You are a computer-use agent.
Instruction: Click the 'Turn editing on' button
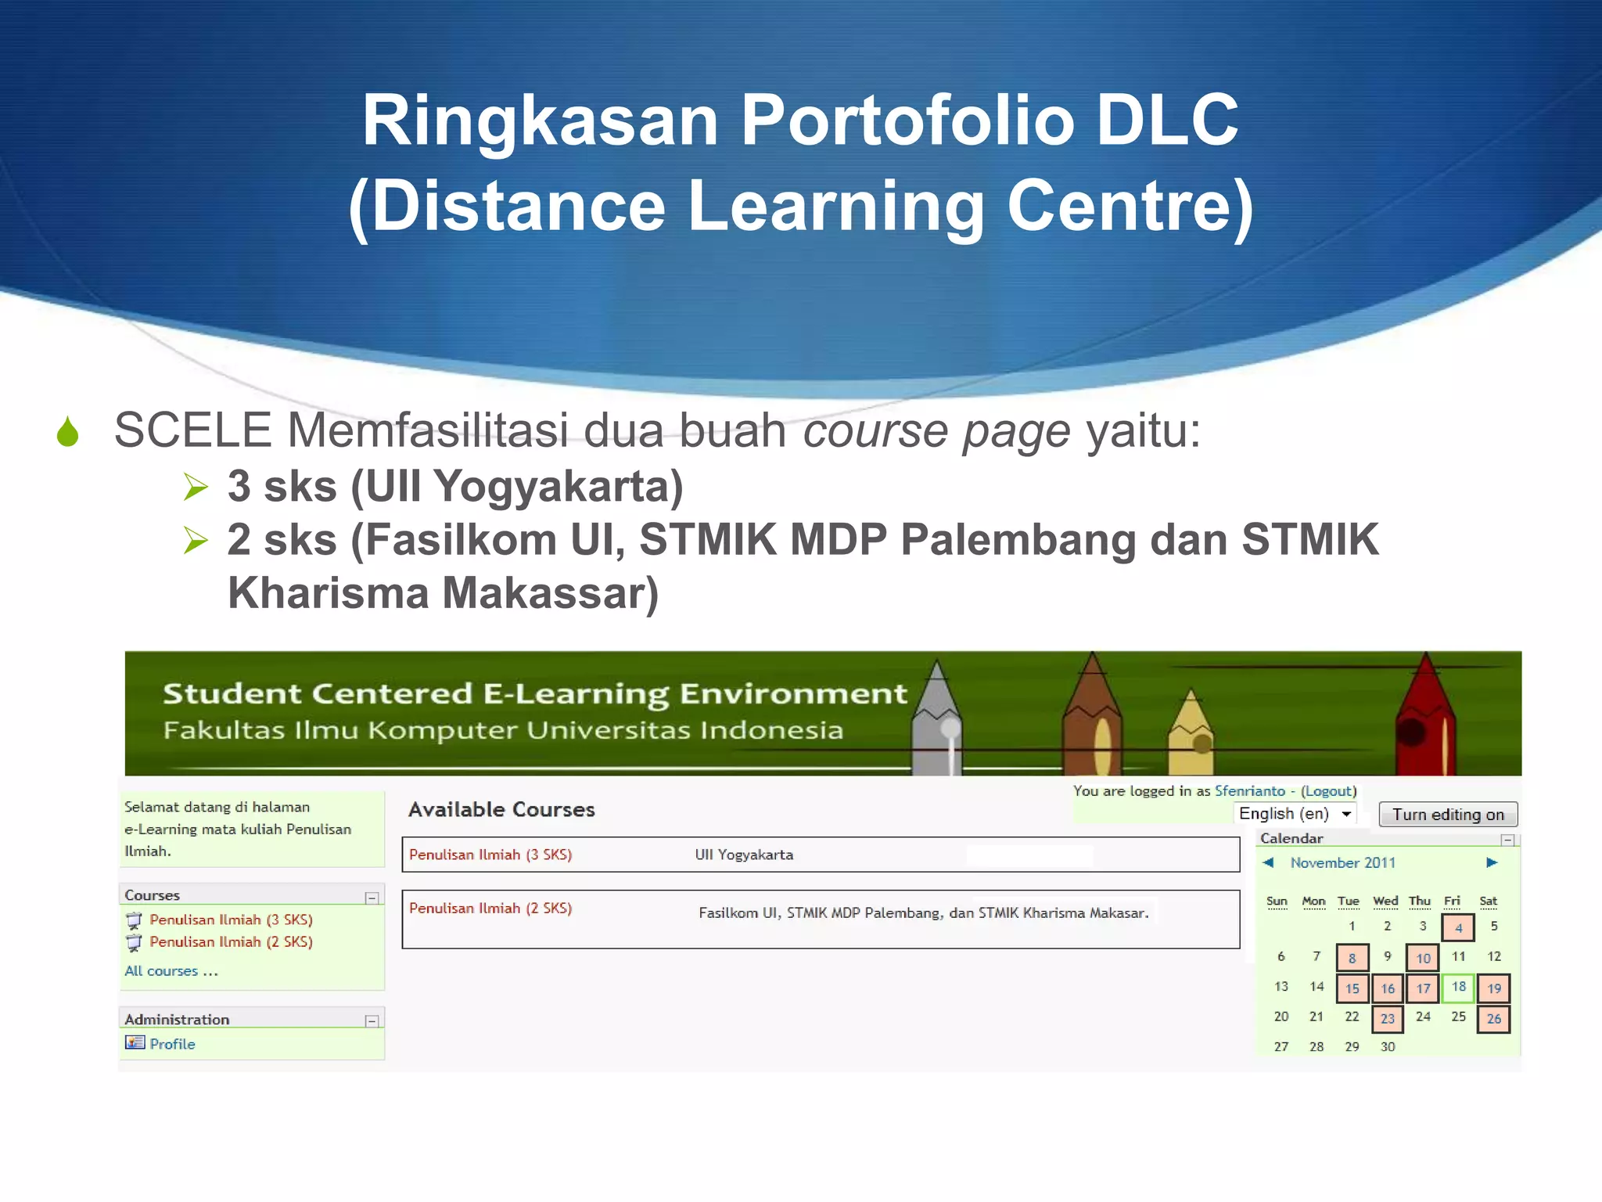click(x=1447, y=815)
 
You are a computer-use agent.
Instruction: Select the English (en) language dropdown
click(x=1295, y=814)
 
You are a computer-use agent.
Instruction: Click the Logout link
click(x=1328, y=791)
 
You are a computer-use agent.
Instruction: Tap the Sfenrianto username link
click(x=1249, y=791)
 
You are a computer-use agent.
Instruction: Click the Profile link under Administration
click(x=172, y=1044)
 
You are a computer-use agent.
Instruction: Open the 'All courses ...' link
click(x=171, y=971)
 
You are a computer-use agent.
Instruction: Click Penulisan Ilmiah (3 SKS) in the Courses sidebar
click(x=231, y=919)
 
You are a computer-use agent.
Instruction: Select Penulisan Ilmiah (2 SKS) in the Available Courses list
click(x=490, y=909)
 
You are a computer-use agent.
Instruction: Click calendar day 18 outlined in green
click(x=1458, y=988)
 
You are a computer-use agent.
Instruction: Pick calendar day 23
click(x=1387, y=1019)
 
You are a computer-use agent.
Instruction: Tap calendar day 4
click(x=1458, y=928)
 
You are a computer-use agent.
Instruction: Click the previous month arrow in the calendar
click(x=1269, y=862)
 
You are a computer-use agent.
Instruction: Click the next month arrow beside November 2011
click(x=1492, y=862)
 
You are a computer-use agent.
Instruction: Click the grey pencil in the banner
click(x=936, y=720)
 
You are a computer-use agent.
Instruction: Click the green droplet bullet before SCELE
click(x=68, y=432)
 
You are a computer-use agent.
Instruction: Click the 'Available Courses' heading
click(x=501, y=810)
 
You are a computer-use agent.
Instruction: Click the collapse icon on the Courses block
click(x=372, y=898)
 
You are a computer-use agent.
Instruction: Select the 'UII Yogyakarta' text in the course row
click(x=744, y=855)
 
